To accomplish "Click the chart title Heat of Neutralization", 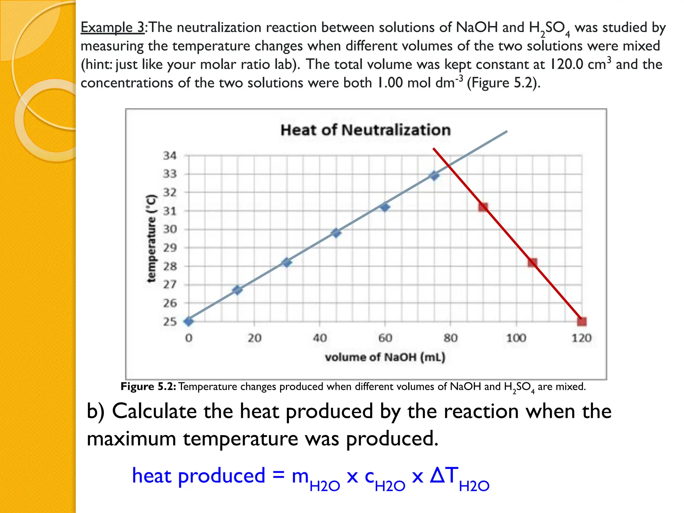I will click(365, 130).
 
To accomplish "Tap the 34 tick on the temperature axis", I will click(170, 156).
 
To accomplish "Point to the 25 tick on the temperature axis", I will click(170, 322).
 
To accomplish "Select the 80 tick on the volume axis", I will click(450, 338).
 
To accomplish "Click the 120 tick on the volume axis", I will click(581, 338).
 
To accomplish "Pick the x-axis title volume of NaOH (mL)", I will click(385, 357).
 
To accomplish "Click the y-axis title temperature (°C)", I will click(151, 238).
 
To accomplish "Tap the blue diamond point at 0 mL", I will click(189, 322).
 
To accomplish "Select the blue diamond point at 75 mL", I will click(434, 175).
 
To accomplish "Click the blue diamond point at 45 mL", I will click(336, 233).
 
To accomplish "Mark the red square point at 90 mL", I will click(483, 207).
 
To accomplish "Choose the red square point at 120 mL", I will click(581, 322).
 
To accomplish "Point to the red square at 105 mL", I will click(532, 263).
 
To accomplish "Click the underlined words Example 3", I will click(113, 27).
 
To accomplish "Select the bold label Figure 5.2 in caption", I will click(148, 387).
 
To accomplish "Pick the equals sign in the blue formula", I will click(278, 475).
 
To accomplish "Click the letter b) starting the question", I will click(96, 411).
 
